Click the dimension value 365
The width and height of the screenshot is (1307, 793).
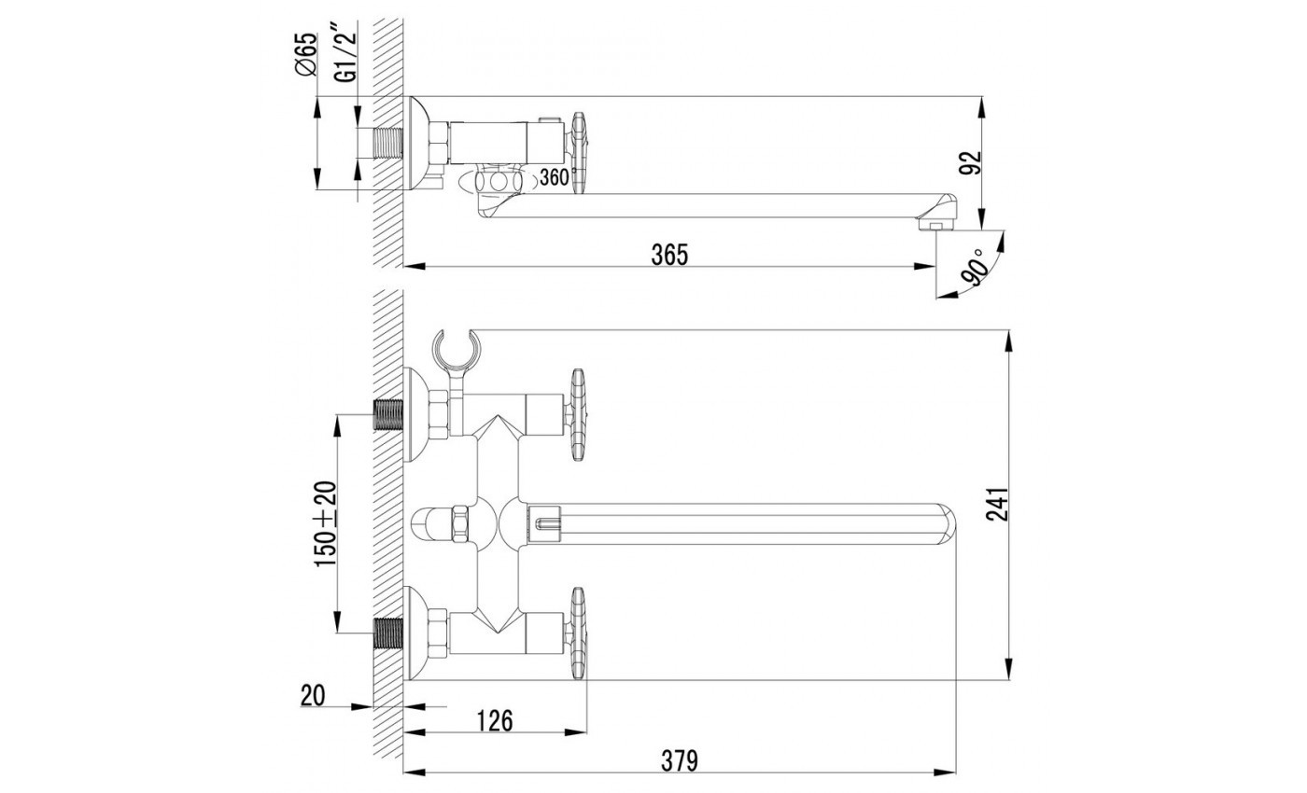point(669,255)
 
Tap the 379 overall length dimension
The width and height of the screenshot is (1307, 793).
point(680,760)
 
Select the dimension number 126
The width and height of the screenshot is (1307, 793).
point(495,720)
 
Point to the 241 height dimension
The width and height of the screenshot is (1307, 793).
point(997,505)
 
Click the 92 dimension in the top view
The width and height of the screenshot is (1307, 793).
point(971,162)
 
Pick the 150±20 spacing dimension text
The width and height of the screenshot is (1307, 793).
point(326,523)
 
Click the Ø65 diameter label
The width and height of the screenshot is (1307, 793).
point(306,54)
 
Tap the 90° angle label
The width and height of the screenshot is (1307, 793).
point(977,269)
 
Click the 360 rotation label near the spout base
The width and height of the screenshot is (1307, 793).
point(554,176)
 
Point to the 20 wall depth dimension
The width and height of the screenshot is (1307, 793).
point(313,695)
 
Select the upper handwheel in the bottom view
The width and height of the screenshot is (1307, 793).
point(578,414)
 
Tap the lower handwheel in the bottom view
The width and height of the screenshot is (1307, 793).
point(578,633)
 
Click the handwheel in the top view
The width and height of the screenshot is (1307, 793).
point(578,154)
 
